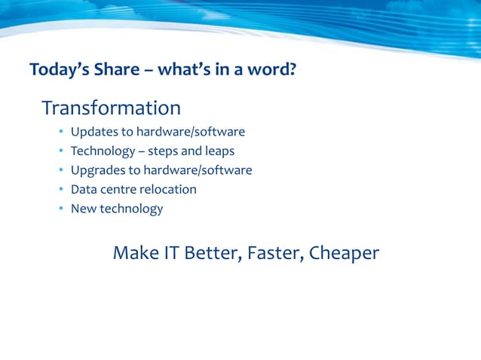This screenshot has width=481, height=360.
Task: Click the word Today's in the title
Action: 58,71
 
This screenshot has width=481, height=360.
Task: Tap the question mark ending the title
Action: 292,71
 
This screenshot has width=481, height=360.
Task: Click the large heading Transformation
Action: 111,108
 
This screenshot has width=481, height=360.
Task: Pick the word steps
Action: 164,151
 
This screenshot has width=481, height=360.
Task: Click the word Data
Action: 84,189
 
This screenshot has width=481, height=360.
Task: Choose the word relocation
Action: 168,189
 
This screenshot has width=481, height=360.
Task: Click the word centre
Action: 118,189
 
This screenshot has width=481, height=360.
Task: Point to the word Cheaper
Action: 344,254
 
